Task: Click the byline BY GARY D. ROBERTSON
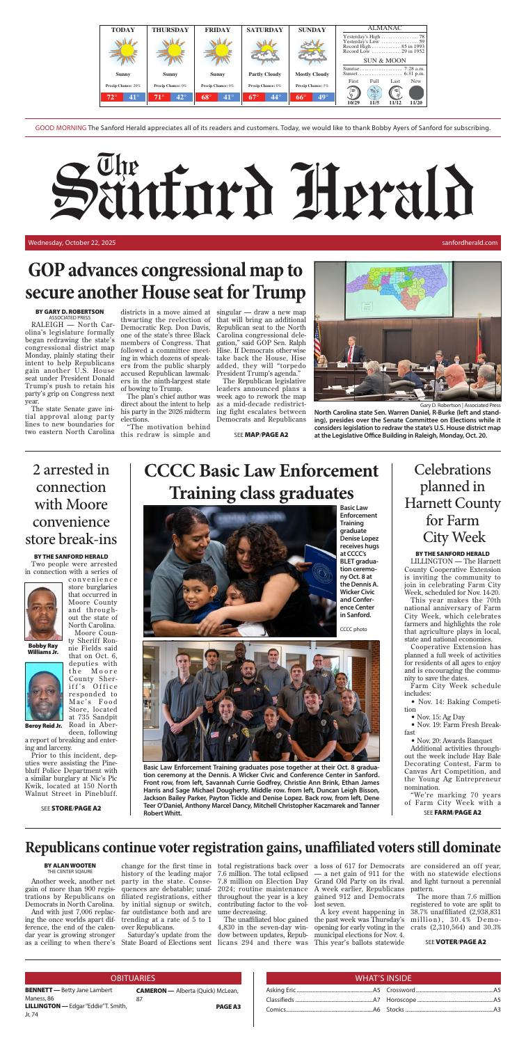click(x=70, y=311)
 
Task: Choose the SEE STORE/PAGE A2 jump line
click(x=71, y=808)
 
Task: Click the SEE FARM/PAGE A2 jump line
click(x=452, y=813)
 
